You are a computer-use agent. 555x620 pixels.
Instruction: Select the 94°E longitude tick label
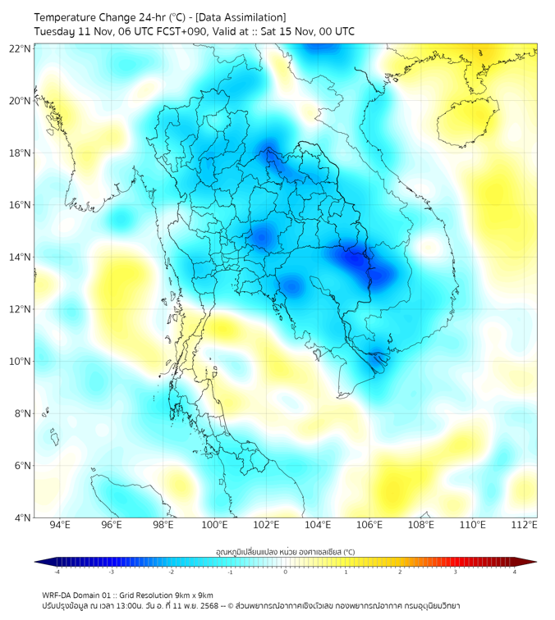(x=60, y=525)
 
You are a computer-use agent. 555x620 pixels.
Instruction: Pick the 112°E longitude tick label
(x=525, y=525)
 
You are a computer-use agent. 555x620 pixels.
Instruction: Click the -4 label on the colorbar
(x=56, y=572)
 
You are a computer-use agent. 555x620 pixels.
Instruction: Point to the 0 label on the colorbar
(x=286, y=572)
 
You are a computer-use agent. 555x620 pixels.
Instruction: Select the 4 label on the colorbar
(x=515, y=572)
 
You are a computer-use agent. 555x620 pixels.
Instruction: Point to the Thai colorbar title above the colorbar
(x=285, y=551)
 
